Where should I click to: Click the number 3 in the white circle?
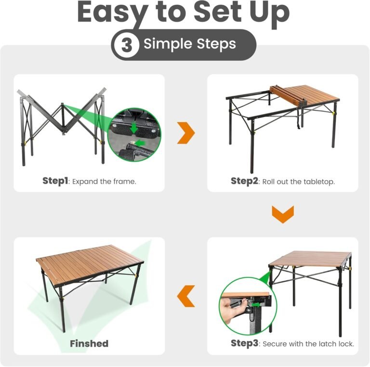127,45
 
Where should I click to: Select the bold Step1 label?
55,181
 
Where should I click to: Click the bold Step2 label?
245,181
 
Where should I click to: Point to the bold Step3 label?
245,343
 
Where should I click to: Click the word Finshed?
89,343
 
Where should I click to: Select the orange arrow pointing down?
283,214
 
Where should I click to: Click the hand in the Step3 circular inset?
230,307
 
